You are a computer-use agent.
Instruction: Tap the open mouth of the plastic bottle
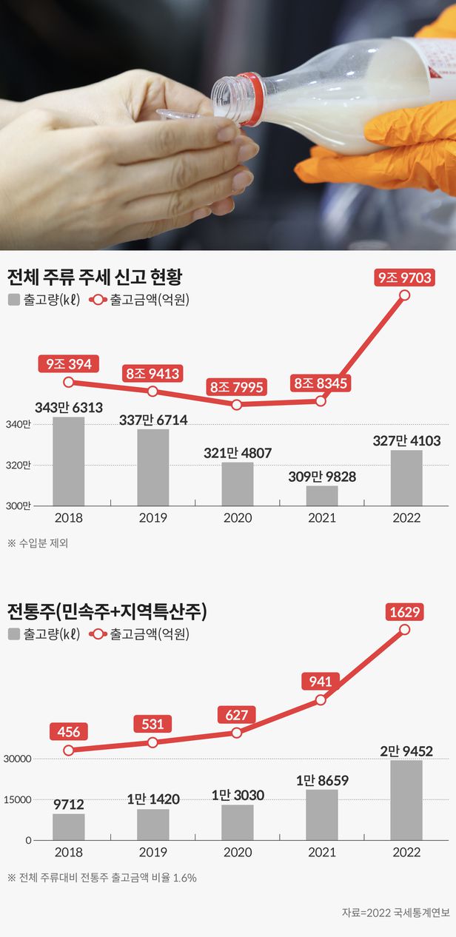(223, 101)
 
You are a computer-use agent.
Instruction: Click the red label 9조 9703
(404, 278)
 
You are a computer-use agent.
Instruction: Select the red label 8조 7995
(236, 387)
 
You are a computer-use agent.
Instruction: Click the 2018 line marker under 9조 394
(69, 382)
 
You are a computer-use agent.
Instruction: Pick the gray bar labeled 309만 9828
(322, 496)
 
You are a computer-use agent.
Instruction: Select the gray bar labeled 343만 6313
(69, 461)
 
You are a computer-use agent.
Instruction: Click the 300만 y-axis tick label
(18, 506)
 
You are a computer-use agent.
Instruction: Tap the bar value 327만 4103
(406, 440)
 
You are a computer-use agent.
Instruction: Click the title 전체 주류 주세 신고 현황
(95, 277)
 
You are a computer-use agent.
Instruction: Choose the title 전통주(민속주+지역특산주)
(107, 611)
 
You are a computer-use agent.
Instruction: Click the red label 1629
(404, 612)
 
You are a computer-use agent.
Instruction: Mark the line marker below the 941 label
(321, 700)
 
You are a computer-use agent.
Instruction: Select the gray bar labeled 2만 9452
(406, 800)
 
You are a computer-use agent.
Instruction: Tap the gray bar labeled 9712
(69, 827)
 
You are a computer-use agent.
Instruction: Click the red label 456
(69, 731)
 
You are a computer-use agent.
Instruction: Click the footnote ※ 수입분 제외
(38, 543)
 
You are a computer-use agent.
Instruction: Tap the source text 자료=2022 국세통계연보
(396, 913)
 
